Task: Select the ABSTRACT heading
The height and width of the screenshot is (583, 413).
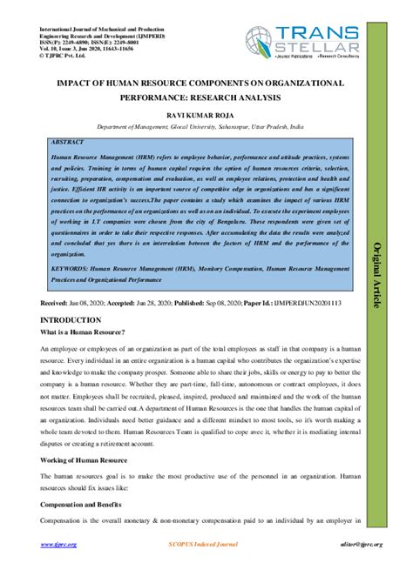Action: [x=68, y=140]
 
